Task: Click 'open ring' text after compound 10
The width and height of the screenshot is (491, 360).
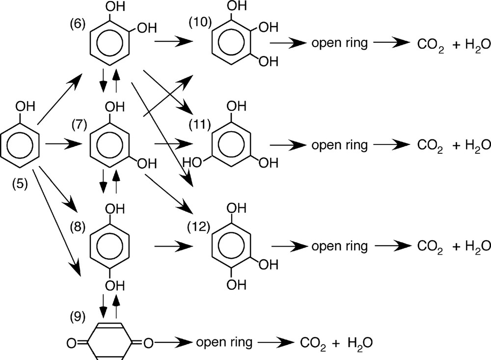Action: pyautogui.click(x=339, y=43)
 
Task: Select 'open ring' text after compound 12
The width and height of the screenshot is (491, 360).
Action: pyautogui.click(x=339, y=246)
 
